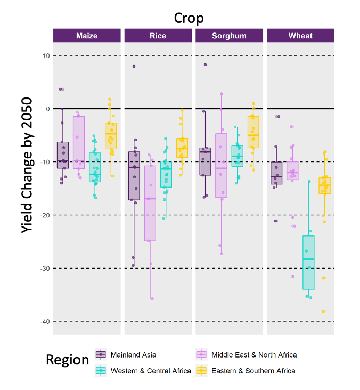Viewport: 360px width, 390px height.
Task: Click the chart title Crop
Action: click(x=189, y=18)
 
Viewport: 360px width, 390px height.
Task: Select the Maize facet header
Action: click(x=87, y=36)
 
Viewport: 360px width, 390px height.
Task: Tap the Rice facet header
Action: click(x=158, y=36)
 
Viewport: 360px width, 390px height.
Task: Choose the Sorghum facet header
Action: click(x=229, y=36)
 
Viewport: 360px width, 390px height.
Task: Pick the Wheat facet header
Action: click(x=300, y=36)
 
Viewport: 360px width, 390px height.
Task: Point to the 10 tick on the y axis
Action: click(x=46, y=56)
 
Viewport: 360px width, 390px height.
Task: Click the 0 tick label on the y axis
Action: click(x=47, y=109)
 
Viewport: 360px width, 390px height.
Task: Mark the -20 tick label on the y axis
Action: click(x=45, y=215)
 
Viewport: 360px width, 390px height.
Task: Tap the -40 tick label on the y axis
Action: click(x=45, y=321)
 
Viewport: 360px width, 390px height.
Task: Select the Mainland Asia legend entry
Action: click(x=133, y=355)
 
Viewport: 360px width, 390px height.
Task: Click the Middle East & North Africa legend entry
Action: click(x=254, y=355)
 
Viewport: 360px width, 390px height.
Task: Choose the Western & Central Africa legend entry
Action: click(x=151, y=371)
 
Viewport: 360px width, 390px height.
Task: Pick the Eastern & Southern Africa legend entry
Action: click(x=253, y=371)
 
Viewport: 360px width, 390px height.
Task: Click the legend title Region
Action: click(x=67, y=360)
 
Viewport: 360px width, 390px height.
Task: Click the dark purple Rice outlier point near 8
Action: click(x=134, y=66)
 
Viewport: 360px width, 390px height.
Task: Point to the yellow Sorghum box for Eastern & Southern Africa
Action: click(x=253, y=132)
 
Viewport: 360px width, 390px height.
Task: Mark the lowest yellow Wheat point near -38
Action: click(x=323, y=311)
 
